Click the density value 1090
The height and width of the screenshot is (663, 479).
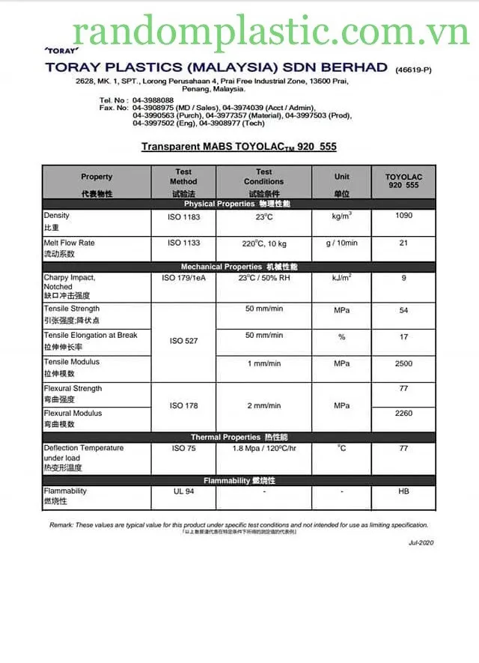403,216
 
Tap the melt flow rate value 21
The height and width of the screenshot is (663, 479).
403,243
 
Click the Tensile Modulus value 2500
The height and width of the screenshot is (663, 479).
403,363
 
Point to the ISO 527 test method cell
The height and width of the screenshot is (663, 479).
184,341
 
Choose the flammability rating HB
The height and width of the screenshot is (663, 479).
403,491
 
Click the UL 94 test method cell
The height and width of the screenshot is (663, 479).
184,491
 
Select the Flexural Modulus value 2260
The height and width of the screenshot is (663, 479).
403,413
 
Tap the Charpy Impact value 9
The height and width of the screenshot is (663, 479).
403,278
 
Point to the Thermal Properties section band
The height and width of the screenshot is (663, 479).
239,437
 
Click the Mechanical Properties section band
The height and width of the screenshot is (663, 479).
239,267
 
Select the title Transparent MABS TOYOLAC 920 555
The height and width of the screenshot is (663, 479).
239,147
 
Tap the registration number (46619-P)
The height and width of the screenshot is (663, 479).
413,69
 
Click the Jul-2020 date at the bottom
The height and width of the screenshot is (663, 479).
421,542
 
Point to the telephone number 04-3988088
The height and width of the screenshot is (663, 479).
153,100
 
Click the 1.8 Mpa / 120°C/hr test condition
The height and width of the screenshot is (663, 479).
263,448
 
